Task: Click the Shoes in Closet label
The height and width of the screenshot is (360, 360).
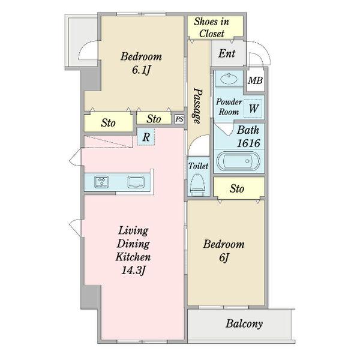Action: pyautogui.click(x=211, y=28)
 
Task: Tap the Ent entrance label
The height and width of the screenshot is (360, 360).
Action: pyautogui.click(x=227, y=53)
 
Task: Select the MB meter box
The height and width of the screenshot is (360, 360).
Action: pyautogui.click(x=256, y=80)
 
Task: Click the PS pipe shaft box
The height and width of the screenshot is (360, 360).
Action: pyautogui.click(x=179, y=119)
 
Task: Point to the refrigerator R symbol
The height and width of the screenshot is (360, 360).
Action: pyautogui.click(x=146, y=137)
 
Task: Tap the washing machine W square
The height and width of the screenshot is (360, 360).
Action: pyautogui.click(x=253, y=109)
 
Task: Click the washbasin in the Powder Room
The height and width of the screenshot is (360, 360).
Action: pyautogui.click(x=229, y=79)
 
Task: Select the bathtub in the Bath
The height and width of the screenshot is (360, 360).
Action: pyautogui.click(x=239, y=161)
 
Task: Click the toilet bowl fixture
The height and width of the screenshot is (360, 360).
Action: pyautogui.click(x=197, y=184)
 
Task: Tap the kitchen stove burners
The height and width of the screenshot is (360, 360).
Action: pyautogui.click(x=101, y=182)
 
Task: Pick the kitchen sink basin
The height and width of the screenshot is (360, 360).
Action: pyautogui.click(x=136, y=182)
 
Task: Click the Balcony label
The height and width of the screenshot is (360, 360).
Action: pyautogui.click(x=244, y=324)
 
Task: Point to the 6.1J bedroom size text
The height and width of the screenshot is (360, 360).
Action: pyautogui.click(x=141, y=70)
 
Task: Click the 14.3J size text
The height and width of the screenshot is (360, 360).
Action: pyautogui.click(x=133, y=270)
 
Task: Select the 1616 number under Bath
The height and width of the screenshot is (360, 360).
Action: pyautogui.click(x=248, y=143)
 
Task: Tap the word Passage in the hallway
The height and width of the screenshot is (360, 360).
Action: pyautogui.click(x=197, y=106)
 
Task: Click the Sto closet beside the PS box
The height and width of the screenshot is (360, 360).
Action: pyautogui.click(x=154, y=119)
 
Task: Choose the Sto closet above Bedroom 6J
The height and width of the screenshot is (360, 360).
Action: pyautogui.click(x=239, y=188)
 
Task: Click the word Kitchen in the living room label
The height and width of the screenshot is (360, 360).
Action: pyautogui.click(x=133, y=257)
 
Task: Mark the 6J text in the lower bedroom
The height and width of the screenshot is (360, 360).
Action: pyautogui.click(x=224, y=257)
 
